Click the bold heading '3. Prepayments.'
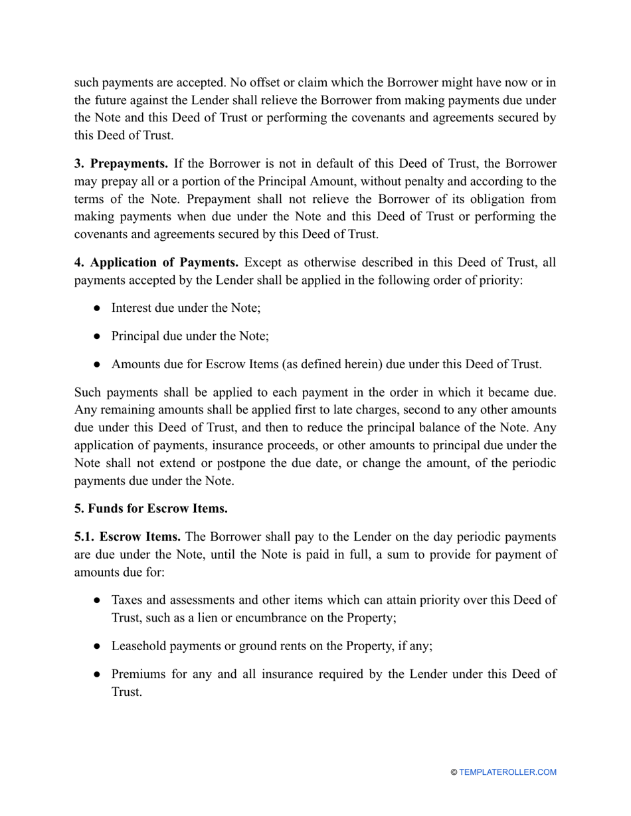tap(121, 164)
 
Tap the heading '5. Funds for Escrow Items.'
tap(151, 509)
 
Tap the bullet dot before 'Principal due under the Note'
tap(97, 336)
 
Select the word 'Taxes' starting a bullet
tap(126, 600)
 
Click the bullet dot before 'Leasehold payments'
tap(97, 646)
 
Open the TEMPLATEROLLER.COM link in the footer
tap(507, 772)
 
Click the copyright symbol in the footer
tap(454, 772)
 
